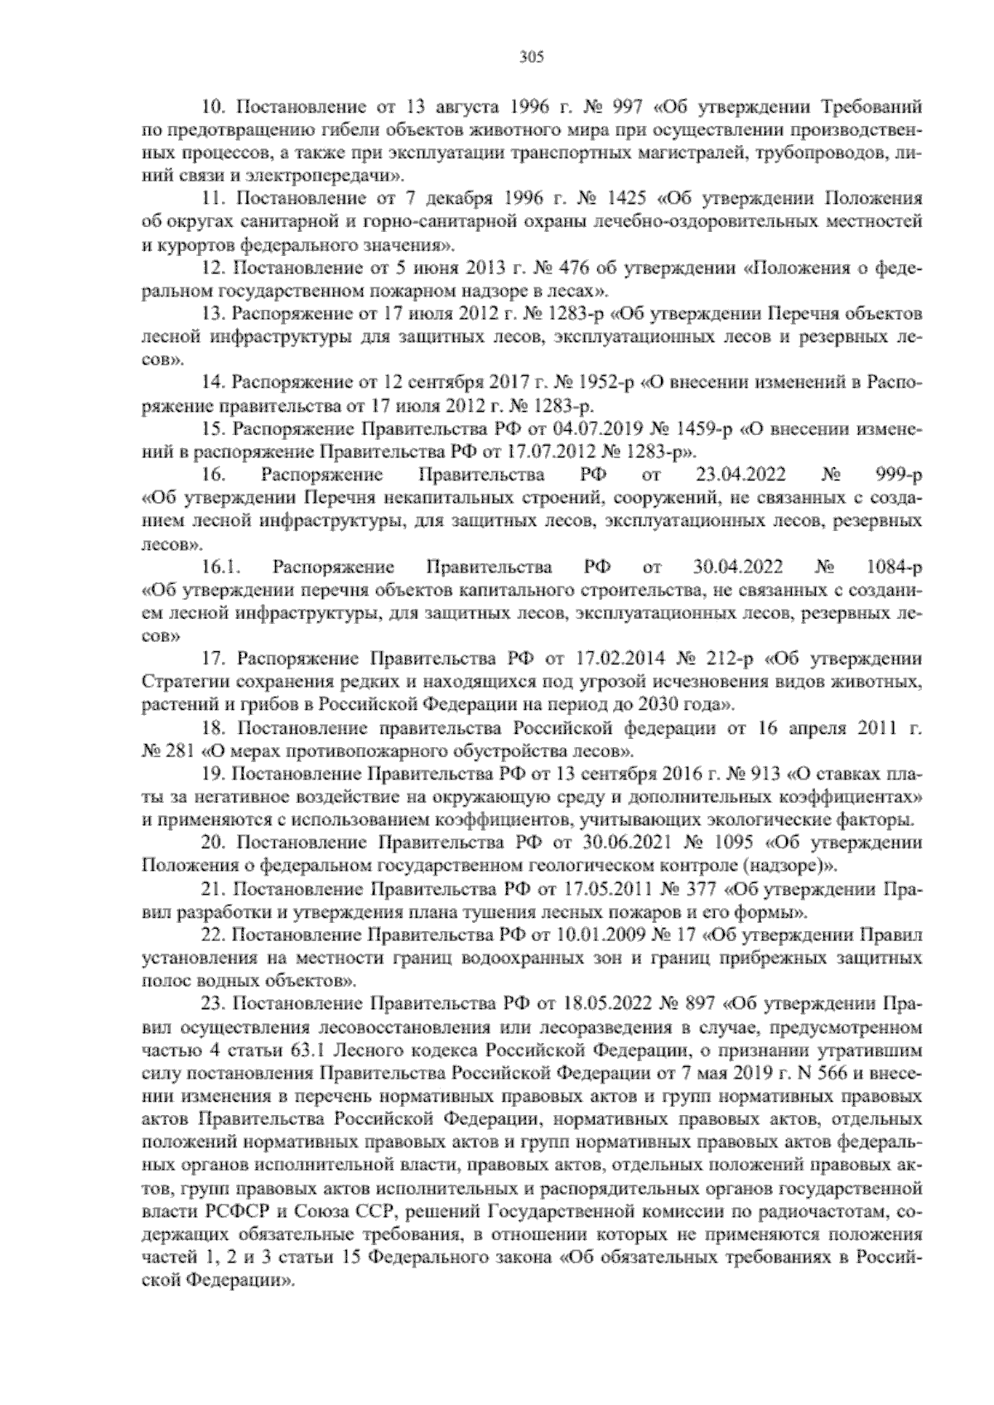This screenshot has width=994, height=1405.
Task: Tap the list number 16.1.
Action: tap(219, 568)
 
